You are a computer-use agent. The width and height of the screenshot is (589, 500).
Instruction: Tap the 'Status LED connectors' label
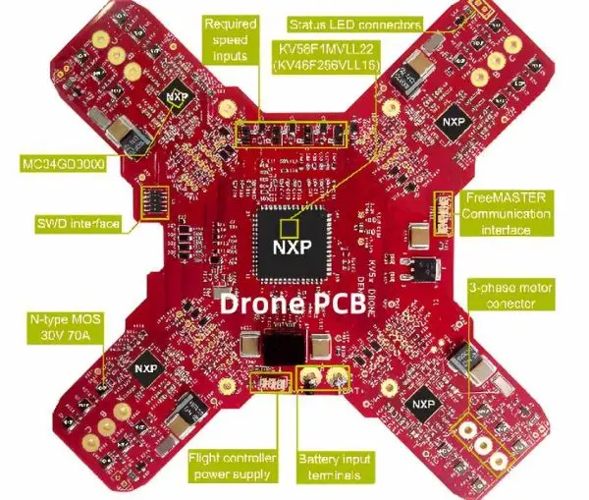(354, 24)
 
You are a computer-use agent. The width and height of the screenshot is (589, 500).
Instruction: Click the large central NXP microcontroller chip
(292, 242)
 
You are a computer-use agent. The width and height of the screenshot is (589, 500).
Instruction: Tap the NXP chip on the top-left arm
(177, 96)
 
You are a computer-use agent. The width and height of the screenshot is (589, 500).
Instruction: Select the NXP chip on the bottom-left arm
(147, 360)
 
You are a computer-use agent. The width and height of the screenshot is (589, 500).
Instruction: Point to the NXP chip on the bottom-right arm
(423, 404)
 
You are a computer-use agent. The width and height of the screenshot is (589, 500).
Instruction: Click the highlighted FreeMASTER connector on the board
(443, 211)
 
